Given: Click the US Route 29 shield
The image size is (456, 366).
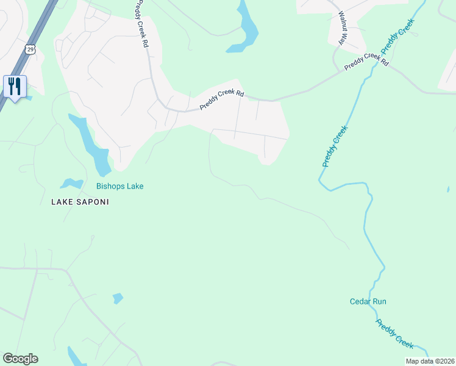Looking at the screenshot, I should click(30, 48).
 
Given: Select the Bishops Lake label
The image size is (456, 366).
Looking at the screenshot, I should click(119, 186).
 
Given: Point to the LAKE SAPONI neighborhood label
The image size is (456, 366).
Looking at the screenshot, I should click(80, 202).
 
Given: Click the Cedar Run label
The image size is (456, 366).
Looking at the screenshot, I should click(368, 301).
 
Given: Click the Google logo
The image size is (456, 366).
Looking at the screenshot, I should click(20, 359).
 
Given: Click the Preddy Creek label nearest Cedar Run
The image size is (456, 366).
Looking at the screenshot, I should click(395, 334).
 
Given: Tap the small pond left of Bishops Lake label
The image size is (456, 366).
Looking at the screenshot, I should click(71, 183).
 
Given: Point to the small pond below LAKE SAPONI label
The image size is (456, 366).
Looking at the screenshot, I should click(118, 298).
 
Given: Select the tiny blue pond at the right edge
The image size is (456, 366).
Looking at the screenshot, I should click(448, 190).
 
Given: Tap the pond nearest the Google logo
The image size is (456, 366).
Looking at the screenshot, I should click(77, 357).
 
